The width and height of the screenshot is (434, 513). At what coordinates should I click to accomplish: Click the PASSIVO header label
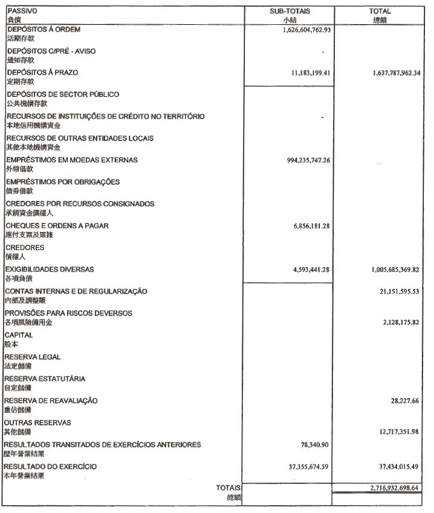19,11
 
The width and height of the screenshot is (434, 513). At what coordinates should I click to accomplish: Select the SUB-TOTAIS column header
289,11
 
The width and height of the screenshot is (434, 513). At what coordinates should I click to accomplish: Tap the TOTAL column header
380,11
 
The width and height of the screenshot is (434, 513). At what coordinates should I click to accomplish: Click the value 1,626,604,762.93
306,29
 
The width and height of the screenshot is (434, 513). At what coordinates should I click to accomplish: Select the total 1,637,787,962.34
396,73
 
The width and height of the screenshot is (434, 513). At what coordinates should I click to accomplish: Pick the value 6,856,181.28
311,226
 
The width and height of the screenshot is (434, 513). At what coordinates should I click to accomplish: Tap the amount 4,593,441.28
311,270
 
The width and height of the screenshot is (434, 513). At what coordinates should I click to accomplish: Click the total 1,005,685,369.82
396,270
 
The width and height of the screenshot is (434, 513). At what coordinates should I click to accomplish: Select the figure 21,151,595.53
400,292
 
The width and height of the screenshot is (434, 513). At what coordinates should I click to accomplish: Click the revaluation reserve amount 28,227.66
405,401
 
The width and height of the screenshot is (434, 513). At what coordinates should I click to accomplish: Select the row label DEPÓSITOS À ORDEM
44,29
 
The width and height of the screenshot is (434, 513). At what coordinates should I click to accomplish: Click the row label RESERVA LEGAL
32,357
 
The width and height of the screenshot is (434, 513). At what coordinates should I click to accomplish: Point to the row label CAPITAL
19,335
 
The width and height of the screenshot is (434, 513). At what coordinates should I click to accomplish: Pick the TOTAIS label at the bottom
228,488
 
